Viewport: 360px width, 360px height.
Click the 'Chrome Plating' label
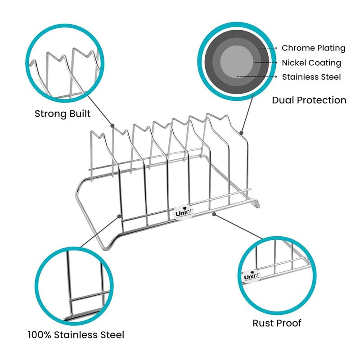(x=313, y=48)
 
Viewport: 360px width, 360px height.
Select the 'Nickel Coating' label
(x=311, y=63)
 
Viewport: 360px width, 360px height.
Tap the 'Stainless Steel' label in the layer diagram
(x=311, y=77)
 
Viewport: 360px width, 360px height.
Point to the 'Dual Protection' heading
(x=309, y=100)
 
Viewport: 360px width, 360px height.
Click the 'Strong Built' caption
(x=63, y=113)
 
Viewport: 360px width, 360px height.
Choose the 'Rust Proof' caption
(x=277, y=323)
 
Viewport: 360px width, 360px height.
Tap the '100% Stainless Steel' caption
(x=76, y=334)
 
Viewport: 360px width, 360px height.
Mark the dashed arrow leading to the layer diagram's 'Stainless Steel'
(x=256, y=77)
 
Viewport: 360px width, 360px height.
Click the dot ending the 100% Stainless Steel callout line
(x=120, y=216)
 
